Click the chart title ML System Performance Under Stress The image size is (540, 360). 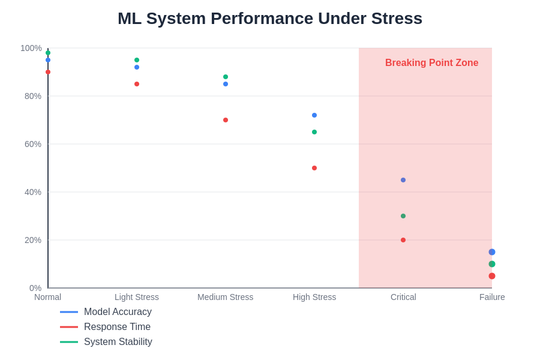[270, 19]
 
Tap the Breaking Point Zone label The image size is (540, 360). [431, 63]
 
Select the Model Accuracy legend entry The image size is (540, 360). [118, 312]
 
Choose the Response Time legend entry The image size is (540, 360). [117, 327]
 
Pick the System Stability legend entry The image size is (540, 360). [118, 342]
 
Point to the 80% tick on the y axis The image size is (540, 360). [33, 96]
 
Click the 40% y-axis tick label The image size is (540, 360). [33, 192]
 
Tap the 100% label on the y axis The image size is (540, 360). [31, 48]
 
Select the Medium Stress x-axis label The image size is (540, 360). [226, 297]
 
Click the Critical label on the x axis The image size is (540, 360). [403, 297]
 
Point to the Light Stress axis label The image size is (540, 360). [137, 297]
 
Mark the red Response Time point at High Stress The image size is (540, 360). [314, 168]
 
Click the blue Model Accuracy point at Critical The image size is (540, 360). [403, 180]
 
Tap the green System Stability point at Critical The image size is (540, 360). [403, 216]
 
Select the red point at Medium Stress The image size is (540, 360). [226, 120]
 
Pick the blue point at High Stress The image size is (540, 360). [314, 115]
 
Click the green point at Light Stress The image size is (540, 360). [137, 60]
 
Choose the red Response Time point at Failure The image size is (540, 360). [492, 276]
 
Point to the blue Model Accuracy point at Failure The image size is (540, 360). [492, 252]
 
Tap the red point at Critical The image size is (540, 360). [403, 240]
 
